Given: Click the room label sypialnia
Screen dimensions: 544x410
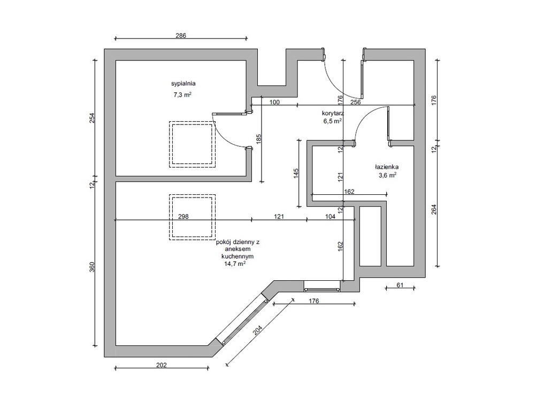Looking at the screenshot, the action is [183, 83].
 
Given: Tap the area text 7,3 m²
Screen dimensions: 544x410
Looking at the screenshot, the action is [182, 94].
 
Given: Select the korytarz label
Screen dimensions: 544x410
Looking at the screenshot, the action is [333, 113].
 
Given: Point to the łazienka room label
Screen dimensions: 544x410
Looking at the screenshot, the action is [387, 167].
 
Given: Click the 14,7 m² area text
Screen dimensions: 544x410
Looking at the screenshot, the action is [235, 264].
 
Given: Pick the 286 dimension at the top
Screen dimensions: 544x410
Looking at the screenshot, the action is [181, 35].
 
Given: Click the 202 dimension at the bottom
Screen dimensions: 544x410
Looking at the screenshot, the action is [162, 365].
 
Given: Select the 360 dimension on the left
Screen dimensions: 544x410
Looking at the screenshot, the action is [92, 267].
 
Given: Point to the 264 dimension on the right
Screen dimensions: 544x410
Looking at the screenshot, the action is [434, 209].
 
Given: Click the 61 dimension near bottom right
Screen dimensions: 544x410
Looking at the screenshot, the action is [400, 285].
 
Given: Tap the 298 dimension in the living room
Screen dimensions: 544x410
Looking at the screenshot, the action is [183, 216].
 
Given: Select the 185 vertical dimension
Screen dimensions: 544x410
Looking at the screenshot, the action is [258, 139].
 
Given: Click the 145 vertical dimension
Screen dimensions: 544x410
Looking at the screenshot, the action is [296, 173].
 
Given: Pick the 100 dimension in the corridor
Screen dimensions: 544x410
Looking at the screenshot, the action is [274, 102].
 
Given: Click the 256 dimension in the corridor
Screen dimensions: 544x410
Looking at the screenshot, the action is [356, 102].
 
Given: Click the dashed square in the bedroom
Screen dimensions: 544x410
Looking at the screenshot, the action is [192, 144].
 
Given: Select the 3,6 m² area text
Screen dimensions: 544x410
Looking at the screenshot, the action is [387, 175].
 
